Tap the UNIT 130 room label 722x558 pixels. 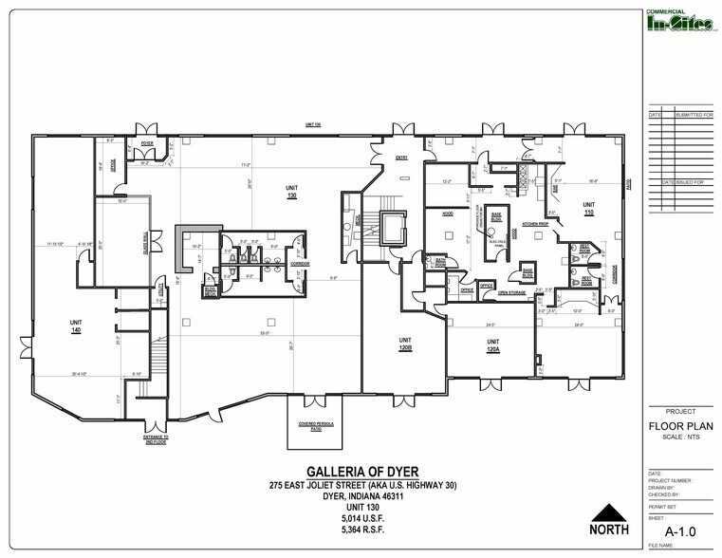[x=291, y=193]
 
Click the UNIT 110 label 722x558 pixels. [x=588, y=208]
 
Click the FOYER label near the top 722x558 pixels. [x=147, y=143]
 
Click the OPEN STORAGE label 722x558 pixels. [x=512, y=293]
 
